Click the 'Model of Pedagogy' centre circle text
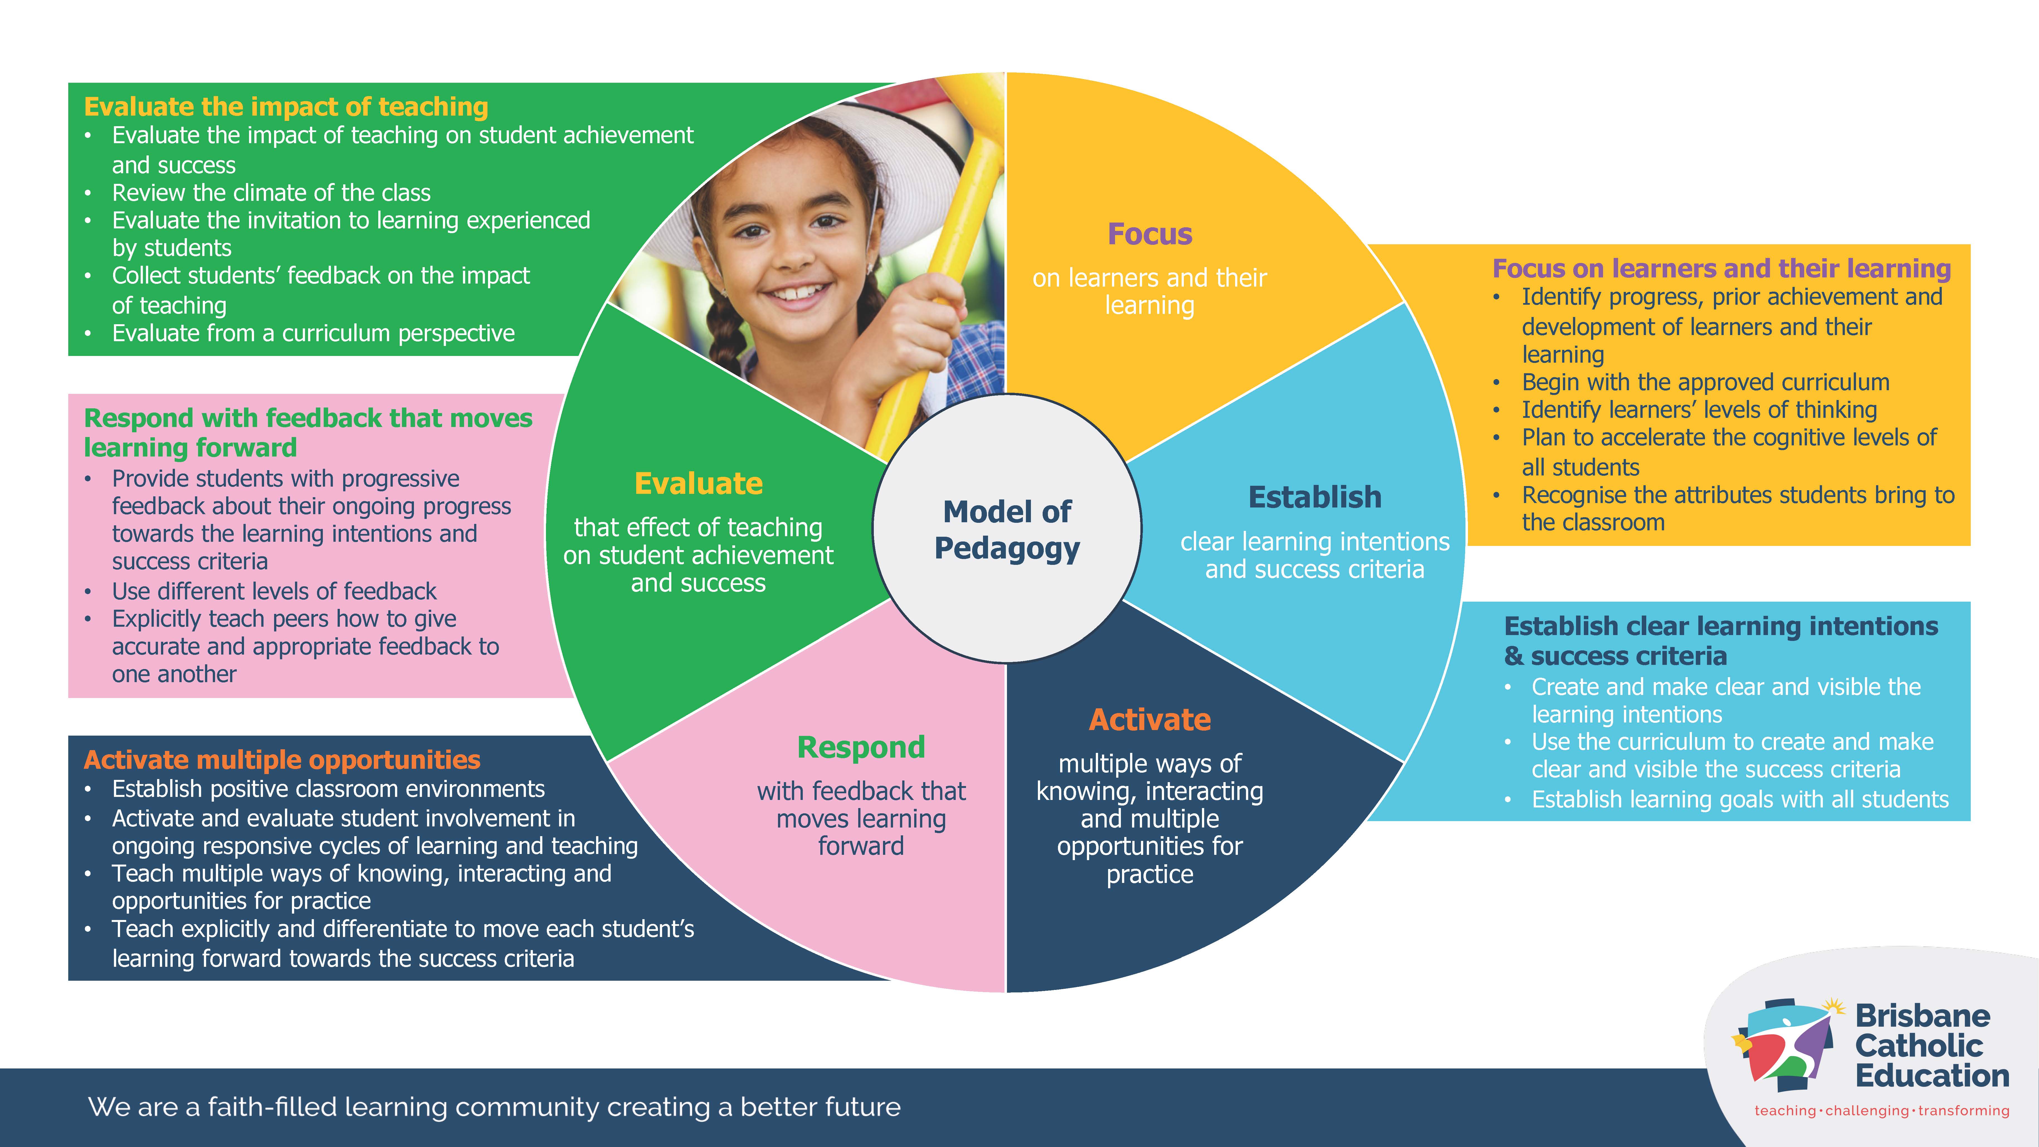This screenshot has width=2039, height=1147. click(1007, 529)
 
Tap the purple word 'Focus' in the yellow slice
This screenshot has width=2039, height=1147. click(1149, 234)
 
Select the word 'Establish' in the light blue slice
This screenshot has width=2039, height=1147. click(1315, 497)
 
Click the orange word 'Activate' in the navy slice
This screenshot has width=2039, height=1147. click(1149, 719)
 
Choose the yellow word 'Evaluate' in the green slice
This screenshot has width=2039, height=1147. click(698, 484)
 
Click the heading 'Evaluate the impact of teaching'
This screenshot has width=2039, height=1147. click(286, 106)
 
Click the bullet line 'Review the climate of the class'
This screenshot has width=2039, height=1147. click(271, 192)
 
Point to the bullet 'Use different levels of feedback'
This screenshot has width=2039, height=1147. click(274, 591)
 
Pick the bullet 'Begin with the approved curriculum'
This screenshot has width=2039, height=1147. click(1705, 382)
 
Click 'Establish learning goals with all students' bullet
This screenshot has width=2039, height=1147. click(1739, 799)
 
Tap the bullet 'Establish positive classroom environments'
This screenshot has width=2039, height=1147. click(328, 789)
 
